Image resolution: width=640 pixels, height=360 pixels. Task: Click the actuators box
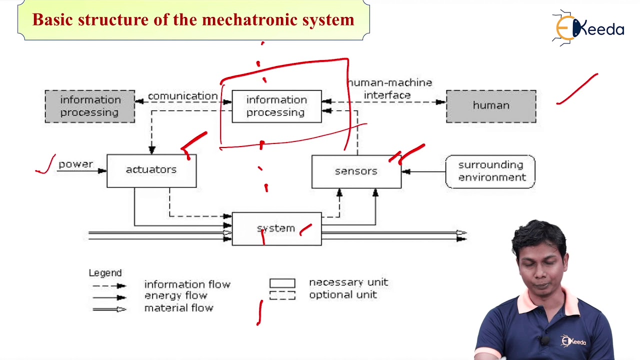pyautogui.click(x=151, y=171)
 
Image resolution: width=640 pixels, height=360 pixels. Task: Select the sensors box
pyautogui.click(x=356, y=171)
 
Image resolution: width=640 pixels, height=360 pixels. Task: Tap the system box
pyautogui.click(x=276, y=228)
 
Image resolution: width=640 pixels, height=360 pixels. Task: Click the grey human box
pyautogui.click(x=491, y=106)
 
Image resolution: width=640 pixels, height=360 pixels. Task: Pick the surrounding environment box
pyautogui.click(x=490, y=171)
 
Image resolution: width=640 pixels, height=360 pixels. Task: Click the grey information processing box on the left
pyautogui.click(x=90, y=106)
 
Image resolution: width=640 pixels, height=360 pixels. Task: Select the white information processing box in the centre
pyautogui.click(x=276, y=106)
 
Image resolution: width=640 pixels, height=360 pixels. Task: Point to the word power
pyautogui.click(x=75, y=164)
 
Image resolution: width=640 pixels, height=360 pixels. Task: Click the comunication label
pyautogui.click(x=182, y=96)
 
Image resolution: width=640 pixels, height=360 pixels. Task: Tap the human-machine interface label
pyautogui.click(x=389, y=88)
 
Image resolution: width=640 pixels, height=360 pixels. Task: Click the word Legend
pyautogui.click(x=105, y=273)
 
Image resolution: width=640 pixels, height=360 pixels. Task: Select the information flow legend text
pyautogui.click(x=187, y=284)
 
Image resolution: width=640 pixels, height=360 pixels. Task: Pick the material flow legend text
pyautogui.click(x=178, y=308)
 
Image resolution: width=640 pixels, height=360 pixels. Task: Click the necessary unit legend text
pyautogui.click(x=348, y=282)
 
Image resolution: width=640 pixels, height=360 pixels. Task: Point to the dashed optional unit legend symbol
pyautogui.click(x=282, y=296)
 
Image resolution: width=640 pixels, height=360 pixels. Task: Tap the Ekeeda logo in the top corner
pyautogui.click(x=588, y=28)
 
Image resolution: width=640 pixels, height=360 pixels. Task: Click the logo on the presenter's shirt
pyautogui.click(x=573, y=341)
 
